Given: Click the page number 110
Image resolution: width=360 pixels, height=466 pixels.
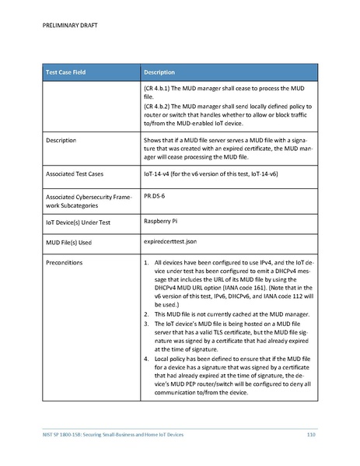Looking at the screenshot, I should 310,433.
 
